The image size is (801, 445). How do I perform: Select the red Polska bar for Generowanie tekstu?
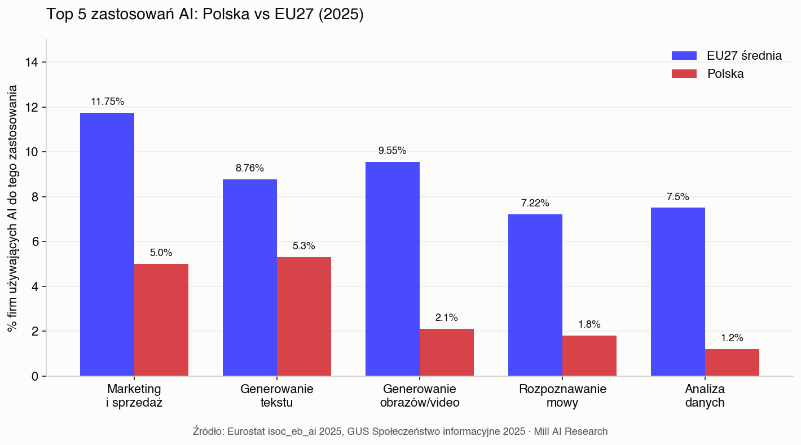pyautogui.click(x=304, y=316)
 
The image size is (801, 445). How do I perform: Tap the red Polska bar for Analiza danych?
pyautogui.click(x=732, y=363)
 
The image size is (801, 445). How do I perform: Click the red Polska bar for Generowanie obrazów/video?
pyautogui.click(x=447, y=353)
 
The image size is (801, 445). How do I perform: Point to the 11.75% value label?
pyautogui.click(x=107, y=102)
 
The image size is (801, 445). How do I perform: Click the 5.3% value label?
pyautogui.click(x=304, y=246)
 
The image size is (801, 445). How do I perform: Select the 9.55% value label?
pyautogui.click(x=393, y=151)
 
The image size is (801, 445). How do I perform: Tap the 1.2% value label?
pyautogui.click(x=732, y=338)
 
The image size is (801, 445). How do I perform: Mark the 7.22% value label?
pyautogui.click(x=535, y=203)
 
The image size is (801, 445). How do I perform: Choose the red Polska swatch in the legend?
pyautogui.click(x=684, y=74)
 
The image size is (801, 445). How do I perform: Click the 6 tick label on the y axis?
pyautogui.click(x=35, y=241)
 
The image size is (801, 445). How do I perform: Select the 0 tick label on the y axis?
pyautogui.click(x=35, y=376)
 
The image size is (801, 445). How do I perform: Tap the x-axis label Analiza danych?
pyautogui.click(x=705, y=396)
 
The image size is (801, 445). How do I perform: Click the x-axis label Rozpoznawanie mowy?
pyautogui.click(x=562, y=396)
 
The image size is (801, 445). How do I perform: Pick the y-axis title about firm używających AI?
pyautogui.click(x=12, y=208)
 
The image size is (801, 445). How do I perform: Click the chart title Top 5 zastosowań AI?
pyautogui.click(x=205, y=14)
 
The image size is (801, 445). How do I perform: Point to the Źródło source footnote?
pyautogui.click(x=400, y=431)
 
